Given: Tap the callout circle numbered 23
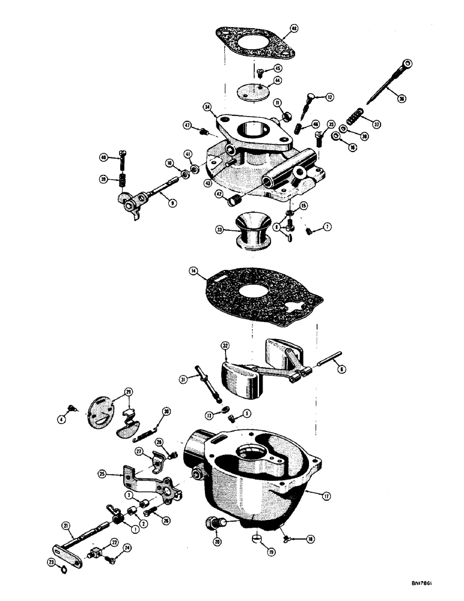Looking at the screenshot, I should coord(50,563).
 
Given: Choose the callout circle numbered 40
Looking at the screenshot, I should coord(103,157).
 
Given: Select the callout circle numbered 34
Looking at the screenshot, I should coord(207,108).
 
